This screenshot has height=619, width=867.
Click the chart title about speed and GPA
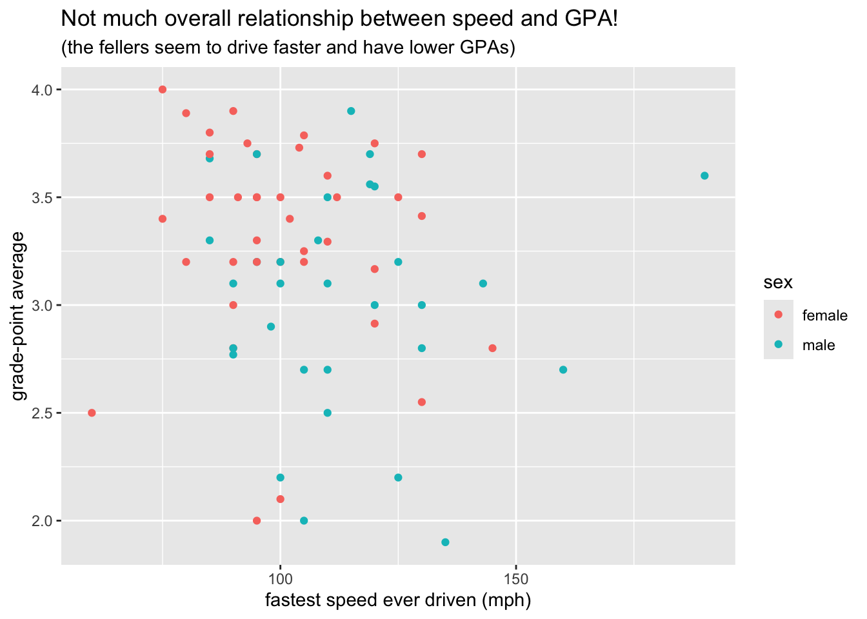[x=339, y=19]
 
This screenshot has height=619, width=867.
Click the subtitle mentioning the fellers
[x=288, y=48]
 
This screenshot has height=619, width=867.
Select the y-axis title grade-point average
[x=19, y=316]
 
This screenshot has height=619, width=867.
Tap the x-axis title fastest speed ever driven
[x=398, y=600]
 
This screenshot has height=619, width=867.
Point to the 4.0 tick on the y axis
[x=43, y=90]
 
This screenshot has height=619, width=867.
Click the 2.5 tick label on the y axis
[x=43, y=413]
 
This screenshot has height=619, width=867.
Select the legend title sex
[x=778, y=282]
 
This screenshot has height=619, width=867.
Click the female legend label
[x=824, y=315]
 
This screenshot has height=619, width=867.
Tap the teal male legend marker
[x=778, y=345]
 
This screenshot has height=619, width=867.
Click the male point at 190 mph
[x=704, y=176]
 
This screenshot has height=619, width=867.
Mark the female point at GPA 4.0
[x=163, y=90]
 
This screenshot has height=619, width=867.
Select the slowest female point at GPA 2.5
[x=92, y=413]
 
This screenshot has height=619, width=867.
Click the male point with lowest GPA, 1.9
[x=445, y=542]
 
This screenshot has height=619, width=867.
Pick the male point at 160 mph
[x=563, y=369]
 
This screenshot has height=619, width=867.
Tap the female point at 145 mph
[x=493, y=348]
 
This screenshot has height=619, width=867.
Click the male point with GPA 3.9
[x=351, y=111]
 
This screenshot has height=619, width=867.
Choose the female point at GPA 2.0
[x=257, y=520]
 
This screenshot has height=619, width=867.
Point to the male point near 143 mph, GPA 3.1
[x=483, y=284]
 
